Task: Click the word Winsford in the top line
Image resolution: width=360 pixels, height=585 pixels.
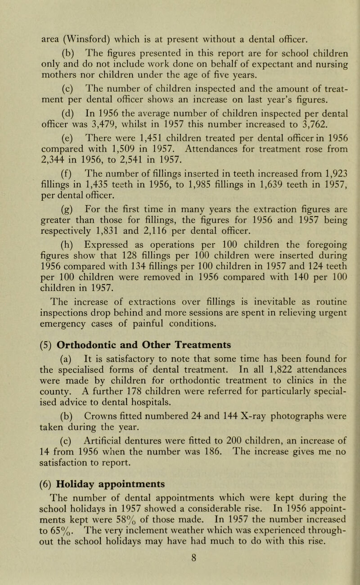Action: pos(73,20)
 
